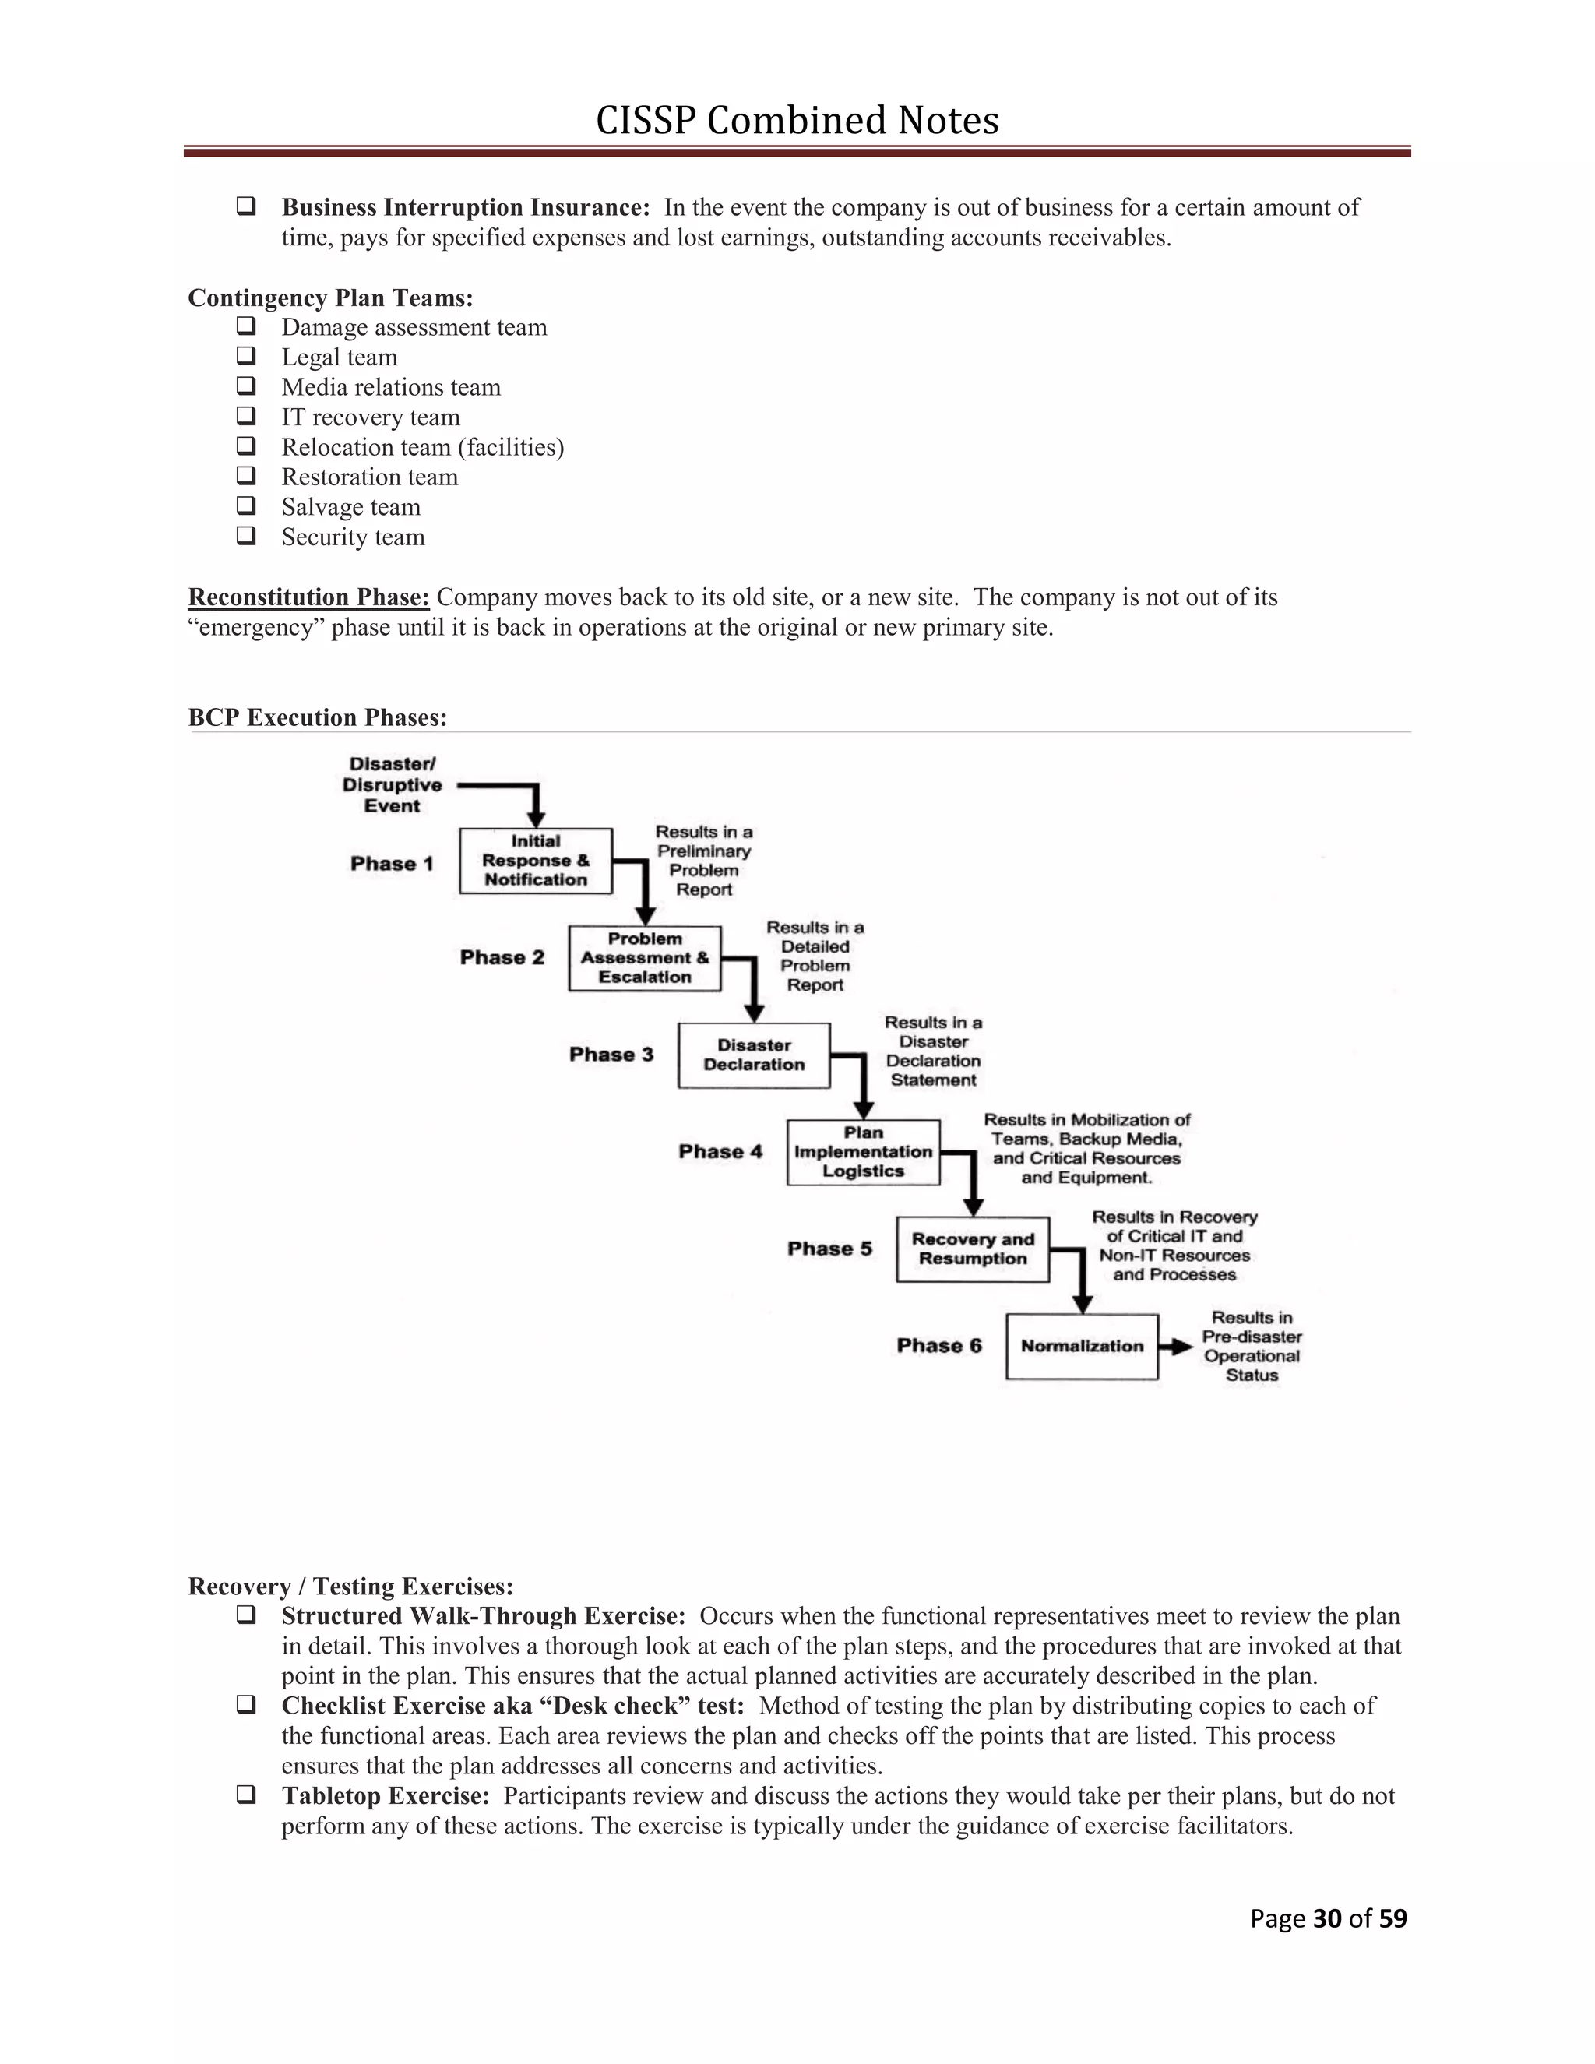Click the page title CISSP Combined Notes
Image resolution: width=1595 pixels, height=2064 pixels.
point(797,121)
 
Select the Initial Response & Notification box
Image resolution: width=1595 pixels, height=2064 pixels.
point(536,861)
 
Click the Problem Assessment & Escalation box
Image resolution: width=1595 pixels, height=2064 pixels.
point(644,958)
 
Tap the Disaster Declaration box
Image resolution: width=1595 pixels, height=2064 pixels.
point(754,1055)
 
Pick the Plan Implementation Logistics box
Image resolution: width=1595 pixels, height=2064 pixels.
point(863,1152)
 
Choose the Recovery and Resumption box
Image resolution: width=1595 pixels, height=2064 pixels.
point(972,1249)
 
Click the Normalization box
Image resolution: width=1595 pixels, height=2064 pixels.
point(1082,1347)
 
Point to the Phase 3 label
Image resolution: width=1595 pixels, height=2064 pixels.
point(611,1055)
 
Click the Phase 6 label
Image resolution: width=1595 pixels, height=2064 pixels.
point(939,1346)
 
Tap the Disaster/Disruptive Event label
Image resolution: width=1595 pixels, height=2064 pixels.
point(393,785)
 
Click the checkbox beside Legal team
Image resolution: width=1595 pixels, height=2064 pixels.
point(247,356)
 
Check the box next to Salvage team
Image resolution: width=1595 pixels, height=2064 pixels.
point(247,505)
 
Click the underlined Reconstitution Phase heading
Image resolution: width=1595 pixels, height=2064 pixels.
point(309,597)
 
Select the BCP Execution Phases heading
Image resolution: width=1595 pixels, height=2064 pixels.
point(318,717)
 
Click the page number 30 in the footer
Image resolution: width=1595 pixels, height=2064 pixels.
point(1326,1918)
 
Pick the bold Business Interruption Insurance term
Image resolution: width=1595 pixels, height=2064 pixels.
point(466,208)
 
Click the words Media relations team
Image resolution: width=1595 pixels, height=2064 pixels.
point(391,387)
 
